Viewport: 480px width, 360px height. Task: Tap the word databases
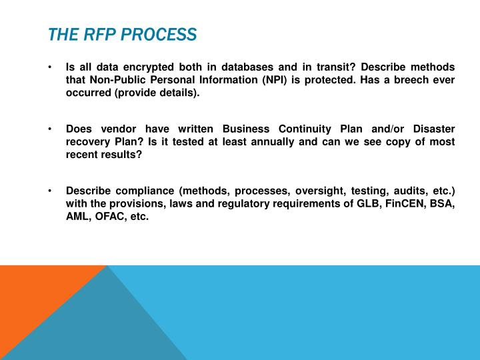pos(254,67)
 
